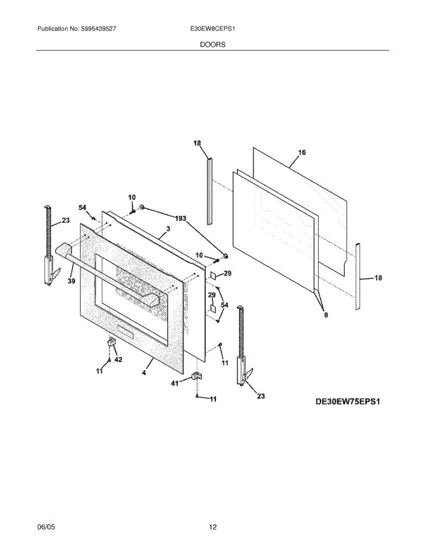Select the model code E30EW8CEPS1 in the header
[x=213, y=28]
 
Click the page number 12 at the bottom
[x=212, y=528]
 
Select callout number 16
[x=301, y=152]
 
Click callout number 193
[x=181, y=219]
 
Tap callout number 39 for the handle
[x=71, y=281]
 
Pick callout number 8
[x=326, y=315]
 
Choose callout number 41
[x=175, y=383]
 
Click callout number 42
[x=118, y=360]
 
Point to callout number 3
[x=168, y=229]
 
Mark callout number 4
[x=144, y=373]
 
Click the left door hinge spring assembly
[x=48, y=248]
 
